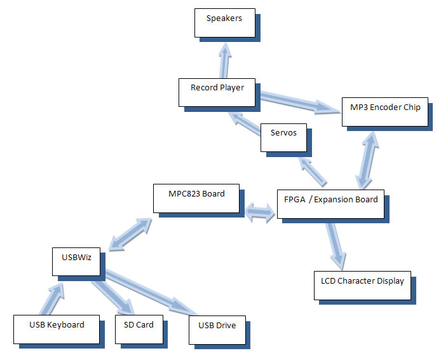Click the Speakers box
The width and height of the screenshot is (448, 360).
[x=224, y=23]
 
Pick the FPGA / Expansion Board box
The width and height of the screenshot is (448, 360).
[x=330, y=204]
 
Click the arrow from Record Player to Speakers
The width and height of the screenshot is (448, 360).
[x=224, y=60]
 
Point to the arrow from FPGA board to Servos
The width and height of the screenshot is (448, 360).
[x=313, y=170]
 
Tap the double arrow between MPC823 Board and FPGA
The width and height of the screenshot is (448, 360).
[x=259, y=212]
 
